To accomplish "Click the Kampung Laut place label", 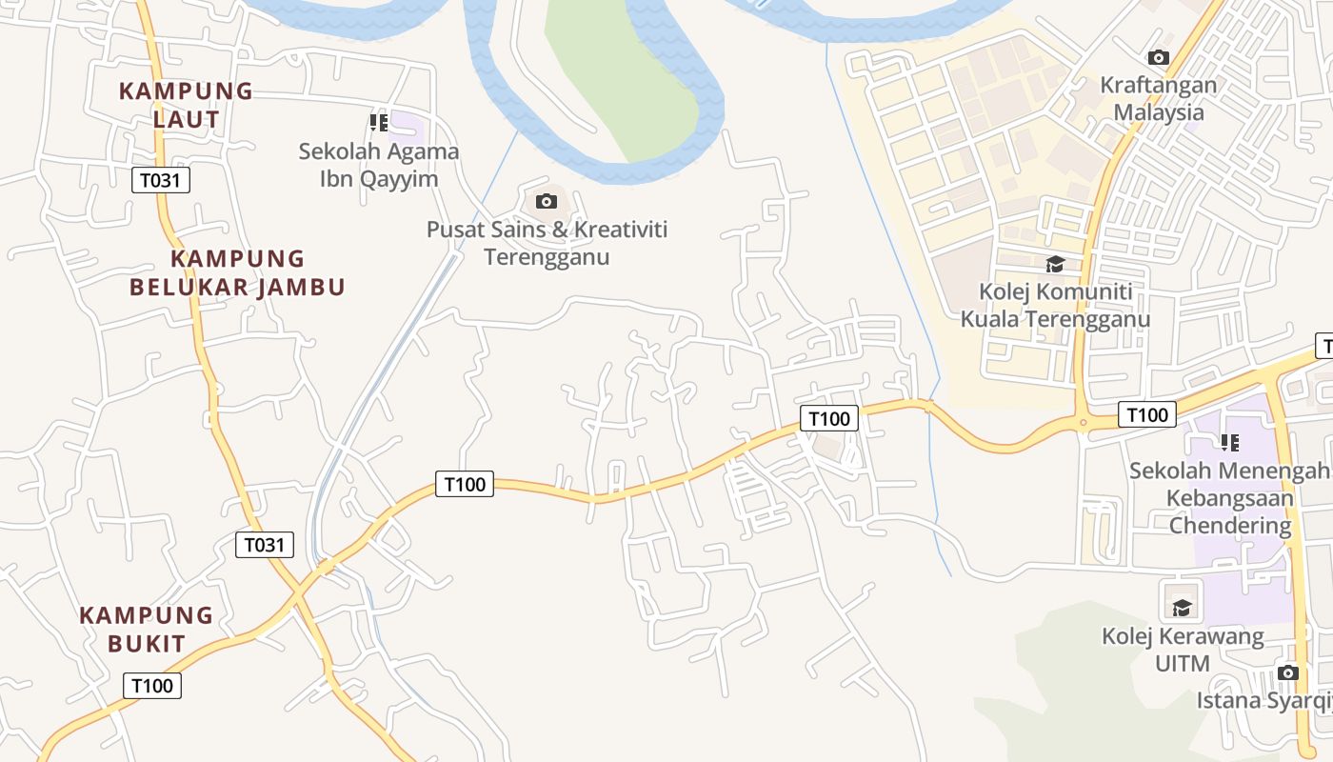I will point(186,106).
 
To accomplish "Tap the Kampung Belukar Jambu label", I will point(237,272).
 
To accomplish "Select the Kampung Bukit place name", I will point(146,629).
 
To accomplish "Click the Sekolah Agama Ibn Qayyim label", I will point(379,165).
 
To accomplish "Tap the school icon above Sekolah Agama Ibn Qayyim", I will point(379,123).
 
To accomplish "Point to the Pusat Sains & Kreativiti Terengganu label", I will point(547,243).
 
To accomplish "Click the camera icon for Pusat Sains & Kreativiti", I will point(547,201).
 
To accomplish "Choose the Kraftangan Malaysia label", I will point(1159,98).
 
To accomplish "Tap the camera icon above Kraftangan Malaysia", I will point(1159,57).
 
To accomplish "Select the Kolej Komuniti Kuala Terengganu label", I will point(1055,305).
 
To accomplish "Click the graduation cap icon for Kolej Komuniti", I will point(1055,264).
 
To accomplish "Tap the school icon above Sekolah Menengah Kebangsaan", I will point(1230,443).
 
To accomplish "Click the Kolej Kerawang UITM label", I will point(1183,650).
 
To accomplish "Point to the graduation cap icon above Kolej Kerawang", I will point(1182,607).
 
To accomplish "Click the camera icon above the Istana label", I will point(1288,672).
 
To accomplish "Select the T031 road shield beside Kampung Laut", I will point(161,180).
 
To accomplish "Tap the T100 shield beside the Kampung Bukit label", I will point(152,686).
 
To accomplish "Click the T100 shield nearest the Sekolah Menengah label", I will point(1146,414).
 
